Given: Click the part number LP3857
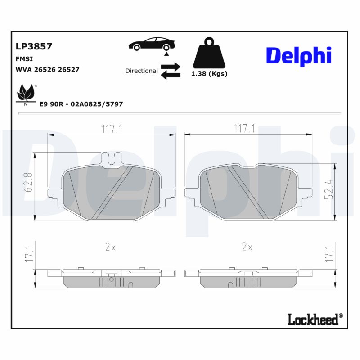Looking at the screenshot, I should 34,46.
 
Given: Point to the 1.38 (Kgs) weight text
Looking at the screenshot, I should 209,73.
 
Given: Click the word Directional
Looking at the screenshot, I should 141,71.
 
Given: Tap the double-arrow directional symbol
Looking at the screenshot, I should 171,71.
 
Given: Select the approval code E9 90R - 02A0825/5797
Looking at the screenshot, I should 81,104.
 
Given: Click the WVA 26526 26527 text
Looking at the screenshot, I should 47,69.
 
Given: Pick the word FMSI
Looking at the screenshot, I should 24,58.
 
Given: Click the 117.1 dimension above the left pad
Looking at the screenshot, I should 112,129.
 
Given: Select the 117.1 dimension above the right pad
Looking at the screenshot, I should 244,129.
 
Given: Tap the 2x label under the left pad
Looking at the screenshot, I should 111,247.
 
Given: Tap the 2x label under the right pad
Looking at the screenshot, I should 247,247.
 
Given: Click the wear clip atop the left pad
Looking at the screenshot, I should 113,159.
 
